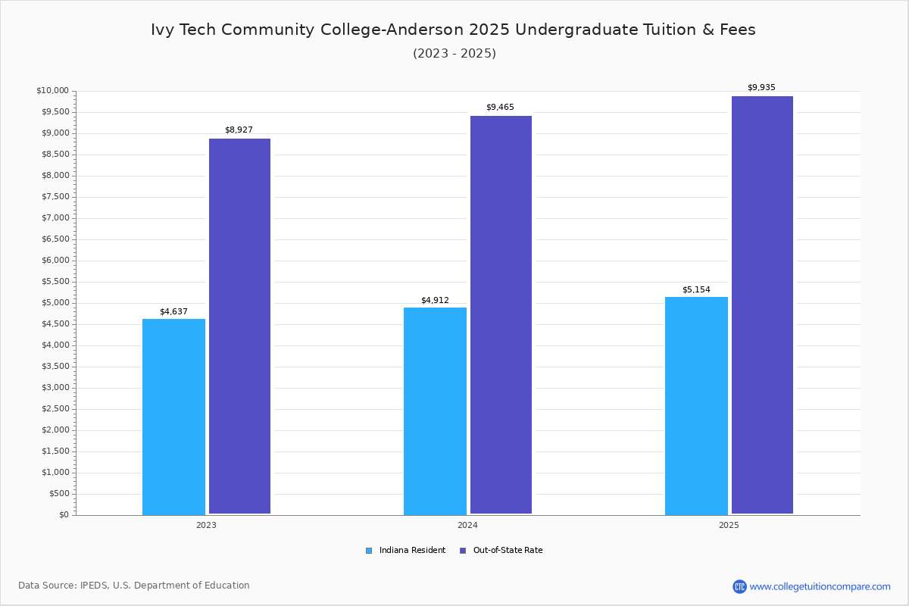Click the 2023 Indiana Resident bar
point(173,417)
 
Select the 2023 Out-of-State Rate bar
point(240,326)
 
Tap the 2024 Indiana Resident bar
point(435,411)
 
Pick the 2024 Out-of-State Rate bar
point(501,315)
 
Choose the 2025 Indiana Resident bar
point(696,406)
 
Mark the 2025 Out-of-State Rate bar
point(763,305)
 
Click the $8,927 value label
point(239,130)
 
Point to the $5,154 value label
point(696,290)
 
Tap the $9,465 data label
point(501,107)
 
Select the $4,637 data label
point(173,312)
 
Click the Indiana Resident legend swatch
point(369,551)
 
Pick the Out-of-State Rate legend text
point(508,550)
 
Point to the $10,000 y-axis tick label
point(53,90)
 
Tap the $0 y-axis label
point(64,514)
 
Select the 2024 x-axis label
point(467,525)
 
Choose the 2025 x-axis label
point(729,525)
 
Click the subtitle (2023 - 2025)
point(454,54)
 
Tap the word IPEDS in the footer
point(94,586)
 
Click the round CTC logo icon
point(739,586)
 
